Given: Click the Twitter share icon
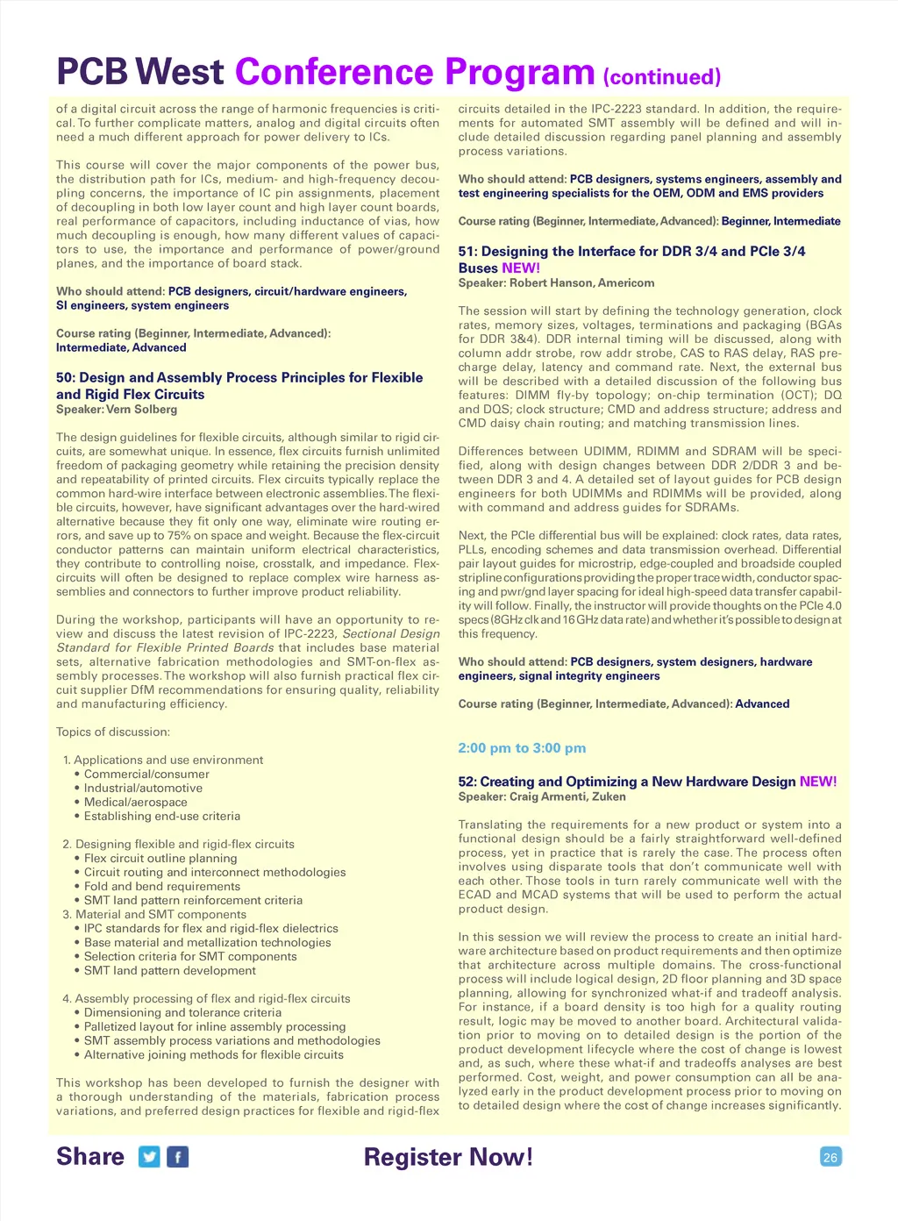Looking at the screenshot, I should point(150,1157).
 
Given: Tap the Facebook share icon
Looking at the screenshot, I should point(178,1157).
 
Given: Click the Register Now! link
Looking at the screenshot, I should point(448,1157).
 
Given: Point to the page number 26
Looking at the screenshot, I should point(830,1157).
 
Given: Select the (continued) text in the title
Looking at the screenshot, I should point(662,77).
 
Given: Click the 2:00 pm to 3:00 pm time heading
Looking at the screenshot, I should point(522,748).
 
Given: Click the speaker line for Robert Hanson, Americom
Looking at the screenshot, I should point(556,282).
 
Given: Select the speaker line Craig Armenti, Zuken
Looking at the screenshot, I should point(542,796).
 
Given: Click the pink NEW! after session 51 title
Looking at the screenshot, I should point(521,268).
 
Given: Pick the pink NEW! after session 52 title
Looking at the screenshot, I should point(817,782).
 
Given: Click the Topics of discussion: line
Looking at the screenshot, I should point(113,732).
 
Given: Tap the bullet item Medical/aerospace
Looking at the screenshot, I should point(136,802).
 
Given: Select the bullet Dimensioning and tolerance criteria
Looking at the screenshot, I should point(182,1012).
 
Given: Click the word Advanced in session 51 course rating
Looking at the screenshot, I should point(762,703).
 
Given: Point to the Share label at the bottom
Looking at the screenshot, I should point(90,1157).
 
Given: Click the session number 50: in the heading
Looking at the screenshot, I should point(66,378).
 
